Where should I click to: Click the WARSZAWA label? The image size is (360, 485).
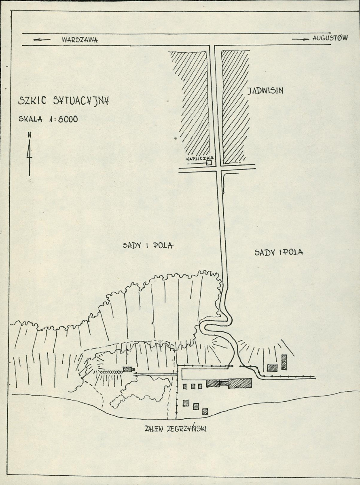pos(80,40)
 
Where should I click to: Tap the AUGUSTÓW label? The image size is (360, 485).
pos(330,38)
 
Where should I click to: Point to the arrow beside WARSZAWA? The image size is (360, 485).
pos(42,40)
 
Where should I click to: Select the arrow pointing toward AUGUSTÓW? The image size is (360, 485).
pos(301,39)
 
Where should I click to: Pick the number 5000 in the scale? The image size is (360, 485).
pos(68,119)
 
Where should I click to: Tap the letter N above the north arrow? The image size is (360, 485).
pos(29,135)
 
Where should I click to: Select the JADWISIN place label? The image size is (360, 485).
pos(265,90)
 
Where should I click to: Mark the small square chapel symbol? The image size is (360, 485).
pos(210,163)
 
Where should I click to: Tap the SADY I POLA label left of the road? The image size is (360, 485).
pos(148,245)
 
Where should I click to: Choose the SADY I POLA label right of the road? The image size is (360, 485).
pos(279,252)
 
